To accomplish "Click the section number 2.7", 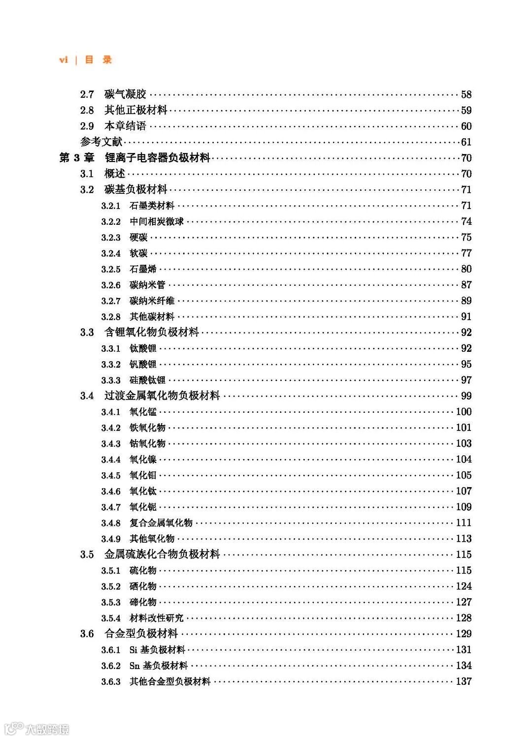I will pyautogui.click(x=87, y=94).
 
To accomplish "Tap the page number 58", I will pyautogui.click(x=466, y=94).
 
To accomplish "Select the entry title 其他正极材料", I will pyautogui.click(x=135, y=110).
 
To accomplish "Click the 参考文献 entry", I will pyautogui.click(x=101, y=142).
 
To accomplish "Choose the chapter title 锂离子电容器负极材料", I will pyautogui.click(x=157, y=158).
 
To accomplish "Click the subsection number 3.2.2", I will pyautogui.click(x=111, y=222).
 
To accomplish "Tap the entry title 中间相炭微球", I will pyautogui.click(x=156, y=221).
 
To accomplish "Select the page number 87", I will pyautogui.click(x=466, y=285).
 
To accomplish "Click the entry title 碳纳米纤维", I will pyautogui.click(x=152, y=301).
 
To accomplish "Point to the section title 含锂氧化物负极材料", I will pyautogui.click(x=151, y=333).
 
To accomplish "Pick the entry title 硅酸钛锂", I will pyautogui.click(x=147, y=380).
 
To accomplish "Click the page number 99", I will pyautogui.click(x=466, y=396).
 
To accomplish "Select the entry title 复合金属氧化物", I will pyautogui.click(x=161, y=523).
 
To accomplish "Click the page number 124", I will pyautogui.click(x=464, y=586).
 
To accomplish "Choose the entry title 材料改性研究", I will pyautogui.click(x=156, y=618).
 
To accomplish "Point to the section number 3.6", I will pyautogui.click(x=87, y=634).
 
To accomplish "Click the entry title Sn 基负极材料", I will pyautogui.click(x=158, y=666).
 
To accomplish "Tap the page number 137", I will pyautogui.click(x=464, y=681).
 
